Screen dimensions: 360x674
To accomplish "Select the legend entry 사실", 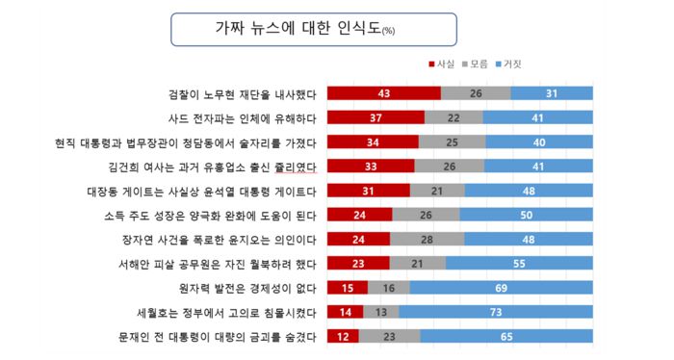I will pos(443,64).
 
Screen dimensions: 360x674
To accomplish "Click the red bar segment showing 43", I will pos(383,93).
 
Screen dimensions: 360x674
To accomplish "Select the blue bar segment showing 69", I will pos(500,288).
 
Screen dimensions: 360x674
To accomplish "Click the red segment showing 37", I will pos(376,117).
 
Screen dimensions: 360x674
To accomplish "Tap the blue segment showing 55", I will pos(518,263).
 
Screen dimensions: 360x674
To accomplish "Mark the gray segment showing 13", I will pos(381,312).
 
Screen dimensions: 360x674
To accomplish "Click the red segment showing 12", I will pos(343,336).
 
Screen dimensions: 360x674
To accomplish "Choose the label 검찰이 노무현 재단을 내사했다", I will pos(241,93).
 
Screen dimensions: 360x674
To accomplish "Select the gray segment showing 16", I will pos(388,288).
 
